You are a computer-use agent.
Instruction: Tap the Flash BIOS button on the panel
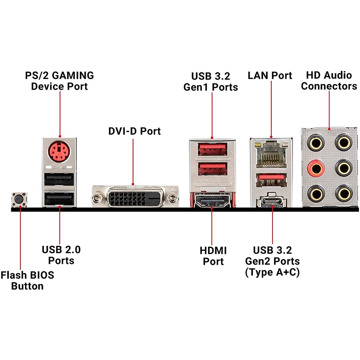tap(20, 200)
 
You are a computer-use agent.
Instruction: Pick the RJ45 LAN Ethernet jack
tap(271, 154)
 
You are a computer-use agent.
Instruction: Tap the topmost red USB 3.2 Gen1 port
tap(212, 149)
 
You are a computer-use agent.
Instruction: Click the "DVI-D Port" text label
tap(134, 131)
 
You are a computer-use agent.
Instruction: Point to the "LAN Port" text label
tap(270, 76)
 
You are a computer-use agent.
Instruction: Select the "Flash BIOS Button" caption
tap(27, 280)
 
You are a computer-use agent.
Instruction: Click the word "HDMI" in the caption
tap(213, 251)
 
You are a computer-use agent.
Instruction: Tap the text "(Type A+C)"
tap(272, 272)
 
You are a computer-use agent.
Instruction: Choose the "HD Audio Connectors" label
tap(329, 81)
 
